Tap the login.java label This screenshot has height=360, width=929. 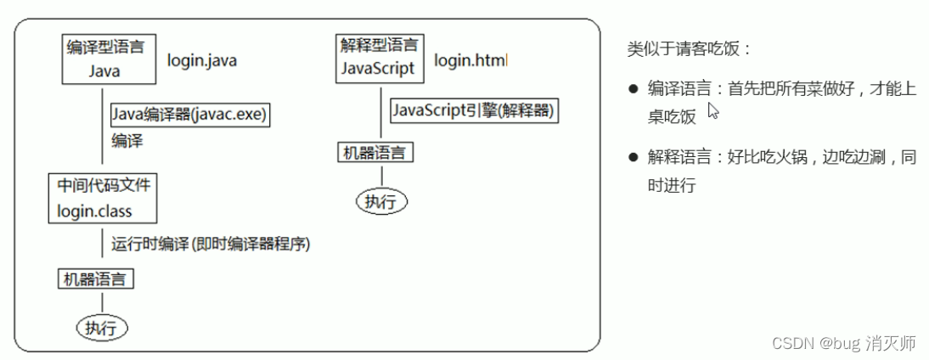(202, 60)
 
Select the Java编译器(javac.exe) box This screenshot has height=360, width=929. (189, 115)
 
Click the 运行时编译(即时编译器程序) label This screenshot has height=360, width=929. (210, 244)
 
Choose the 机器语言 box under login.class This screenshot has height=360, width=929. (97, 278)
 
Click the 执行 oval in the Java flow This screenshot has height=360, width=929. (102, 326)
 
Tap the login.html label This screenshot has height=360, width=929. (470, 61)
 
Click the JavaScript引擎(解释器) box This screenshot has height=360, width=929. (476, 110)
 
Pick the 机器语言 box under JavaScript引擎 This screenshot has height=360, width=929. (376, 154)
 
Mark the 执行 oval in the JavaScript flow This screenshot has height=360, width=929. (381, 201)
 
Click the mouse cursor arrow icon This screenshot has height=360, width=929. (713, 111)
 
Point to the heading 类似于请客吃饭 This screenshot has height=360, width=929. (689, 48)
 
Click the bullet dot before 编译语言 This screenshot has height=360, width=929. (633, 88)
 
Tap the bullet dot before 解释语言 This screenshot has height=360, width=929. (633, 157)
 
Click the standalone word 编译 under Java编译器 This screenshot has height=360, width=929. (127, 139)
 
